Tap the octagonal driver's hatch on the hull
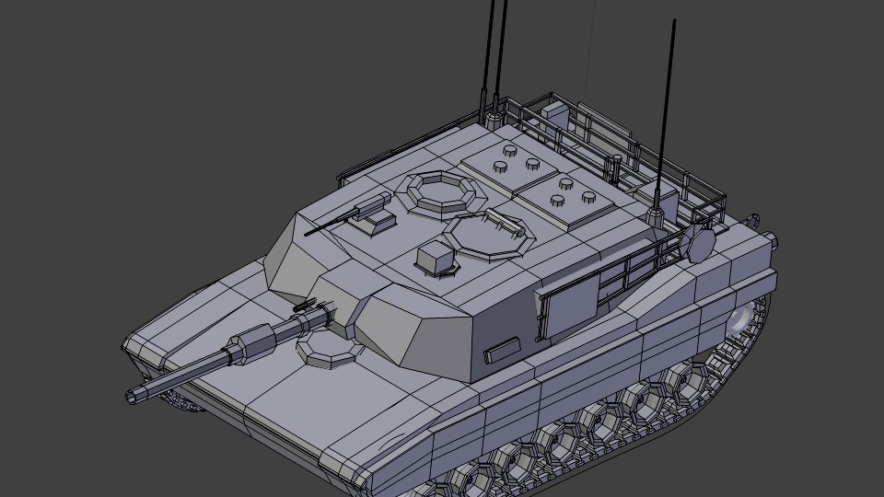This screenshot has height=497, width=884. click(325, 349)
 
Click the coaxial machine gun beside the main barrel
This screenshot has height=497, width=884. click(302, 306)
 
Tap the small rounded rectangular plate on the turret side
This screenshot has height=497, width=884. click(503, 350)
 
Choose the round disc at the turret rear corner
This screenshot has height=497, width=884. click(700, 244)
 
